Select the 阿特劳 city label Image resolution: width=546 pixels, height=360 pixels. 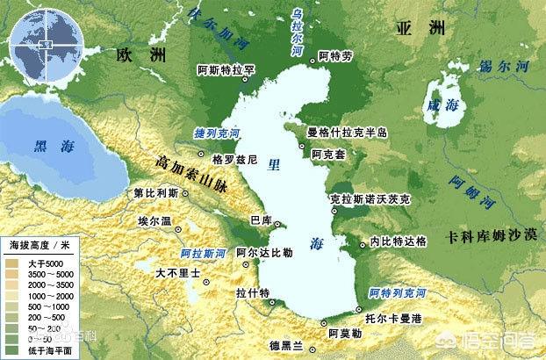pyautogui.click(x=336, y=55)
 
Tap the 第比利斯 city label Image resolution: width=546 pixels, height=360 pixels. pyautogui.click(x=156, y=191)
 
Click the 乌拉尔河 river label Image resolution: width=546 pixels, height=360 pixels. pyautogui.click(x=298, y=32)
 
